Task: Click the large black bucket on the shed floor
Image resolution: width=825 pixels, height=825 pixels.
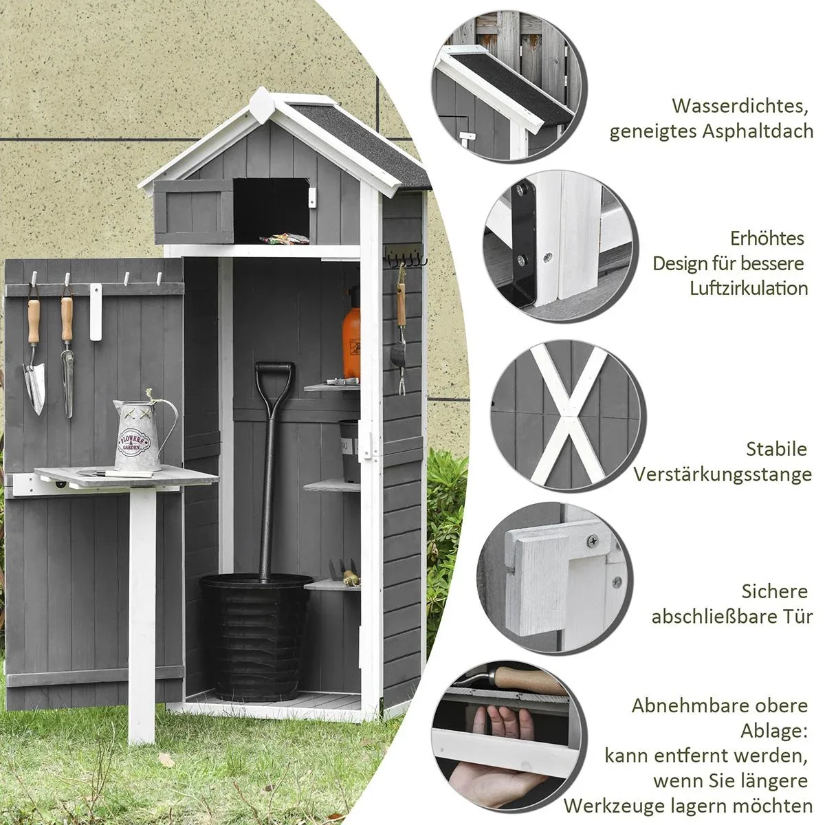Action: pyautogui.click(x=256, y=635)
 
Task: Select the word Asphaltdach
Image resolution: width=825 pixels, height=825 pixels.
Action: pyautogui.click(x=758, y=131)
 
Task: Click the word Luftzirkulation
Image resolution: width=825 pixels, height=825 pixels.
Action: pyautogui.click(x=749, y=288)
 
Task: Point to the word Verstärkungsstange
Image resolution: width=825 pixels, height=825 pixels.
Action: pyautogui.click(x=723, y=474)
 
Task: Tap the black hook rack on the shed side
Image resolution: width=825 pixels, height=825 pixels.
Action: pyautogui.click(x=406, y=258)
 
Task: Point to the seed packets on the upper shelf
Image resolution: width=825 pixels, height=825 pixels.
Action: pyautogui.click(x=283, y=239)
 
